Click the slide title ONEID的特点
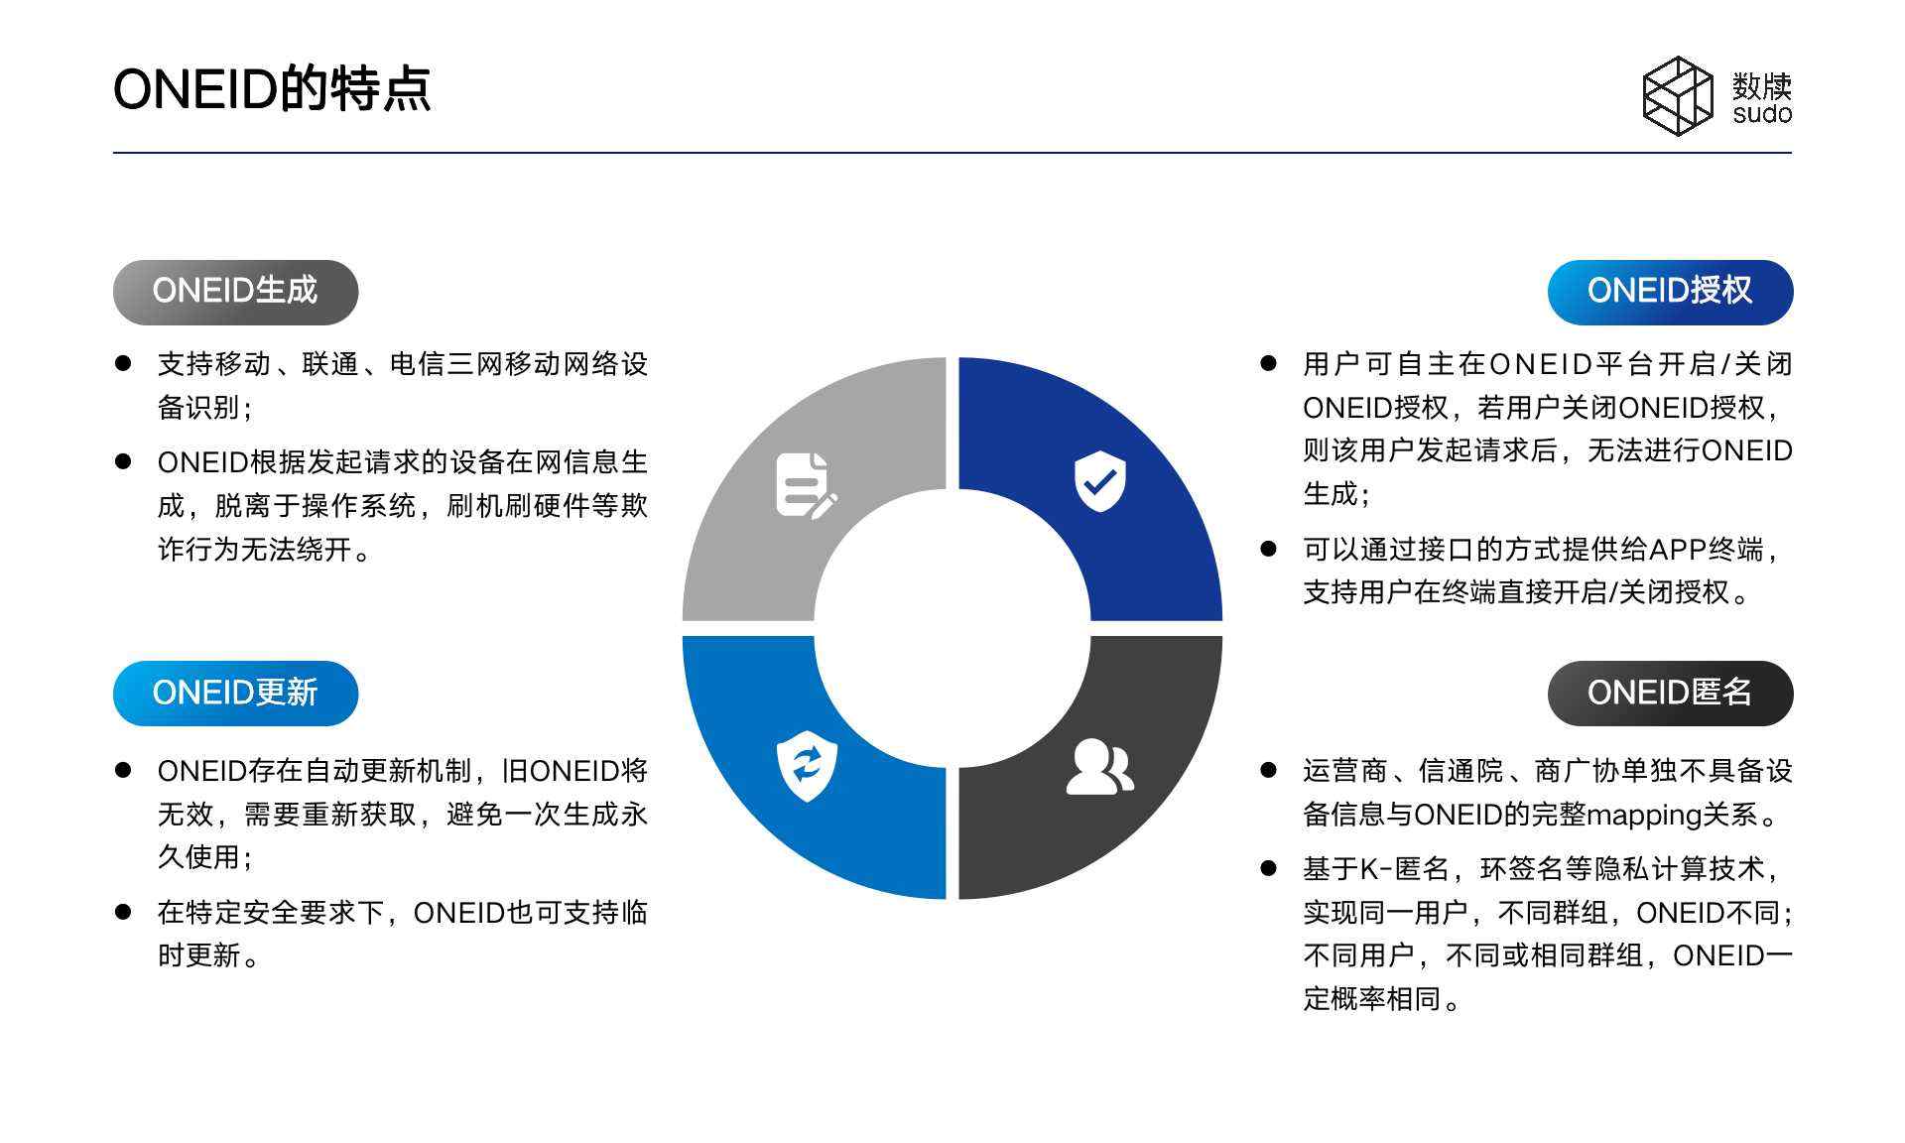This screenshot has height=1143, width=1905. pos(272,89)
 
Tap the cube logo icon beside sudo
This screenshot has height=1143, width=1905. pos(1678,95)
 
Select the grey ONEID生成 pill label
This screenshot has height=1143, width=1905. pos(235,292)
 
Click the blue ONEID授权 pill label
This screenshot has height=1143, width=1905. pos(1670,292)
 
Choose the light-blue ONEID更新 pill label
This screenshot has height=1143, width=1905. pos(235,693)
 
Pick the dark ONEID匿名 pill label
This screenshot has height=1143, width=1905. pos(1670,693)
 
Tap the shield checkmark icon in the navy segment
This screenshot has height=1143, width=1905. pos(1099,481)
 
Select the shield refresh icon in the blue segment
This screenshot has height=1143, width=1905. pos(807,766)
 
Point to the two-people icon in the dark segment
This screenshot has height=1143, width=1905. pos(1099,766)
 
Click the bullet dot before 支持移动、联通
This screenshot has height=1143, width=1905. pos(123,363)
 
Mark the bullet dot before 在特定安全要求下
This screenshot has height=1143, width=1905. pos(123,911)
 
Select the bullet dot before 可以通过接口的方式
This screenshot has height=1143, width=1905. pos(1268,549)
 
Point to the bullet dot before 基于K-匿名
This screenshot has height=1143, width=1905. pos(1268,868)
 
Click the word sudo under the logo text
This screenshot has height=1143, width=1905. pos(1762,113)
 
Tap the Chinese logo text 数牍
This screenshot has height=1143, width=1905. pos(1762,86)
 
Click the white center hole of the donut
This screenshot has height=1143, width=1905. pos(952,628)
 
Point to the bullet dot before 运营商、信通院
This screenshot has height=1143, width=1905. pos(1268,770)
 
